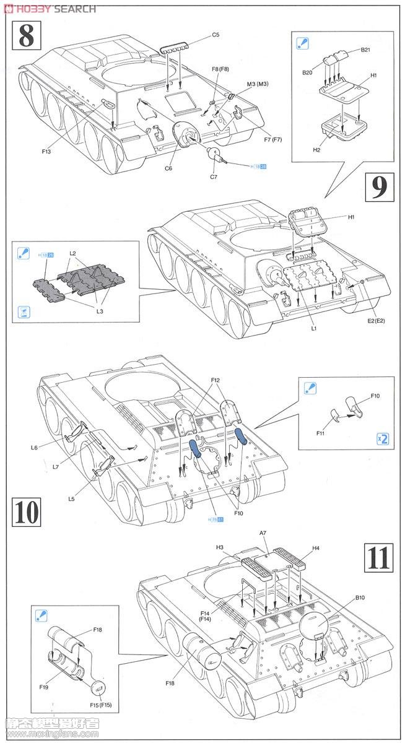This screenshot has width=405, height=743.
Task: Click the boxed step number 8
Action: pos(27,35)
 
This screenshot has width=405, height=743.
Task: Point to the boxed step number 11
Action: pos(378,556)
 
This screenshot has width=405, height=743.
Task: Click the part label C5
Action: pos(216,35)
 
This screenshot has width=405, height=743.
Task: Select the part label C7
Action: pos(214,177)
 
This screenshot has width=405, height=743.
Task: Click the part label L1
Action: pos(315,329)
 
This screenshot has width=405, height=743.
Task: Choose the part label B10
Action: pos(360,597)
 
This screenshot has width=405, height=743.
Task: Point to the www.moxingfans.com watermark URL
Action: pos(51,735)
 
